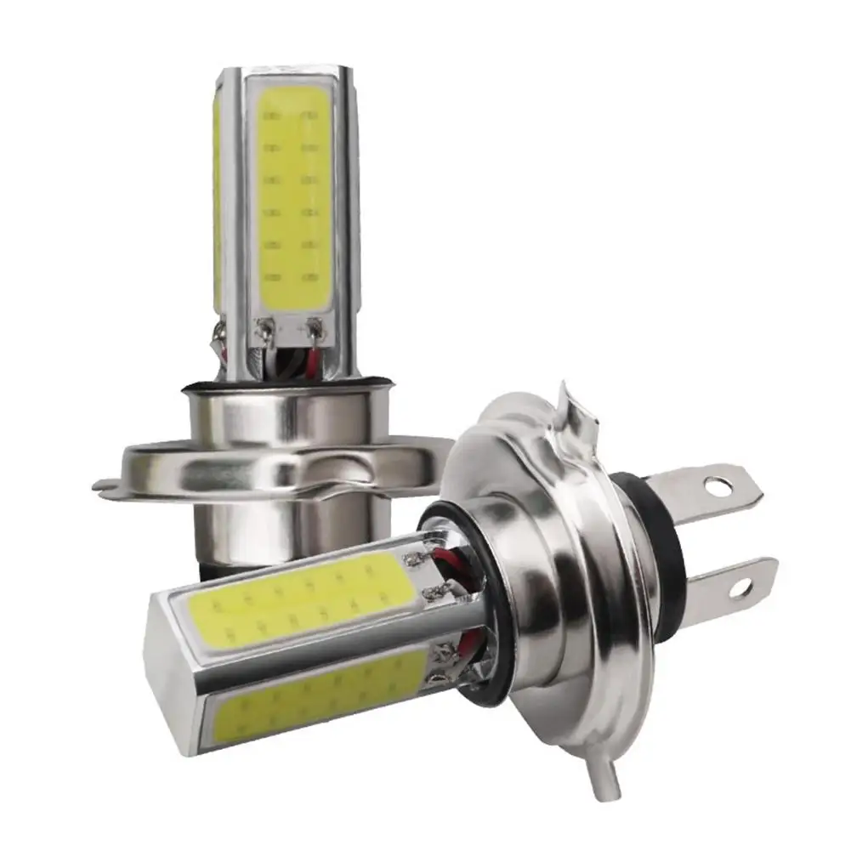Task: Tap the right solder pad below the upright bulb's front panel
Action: [316, 325]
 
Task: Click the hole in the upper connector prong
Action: [715, 487]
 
